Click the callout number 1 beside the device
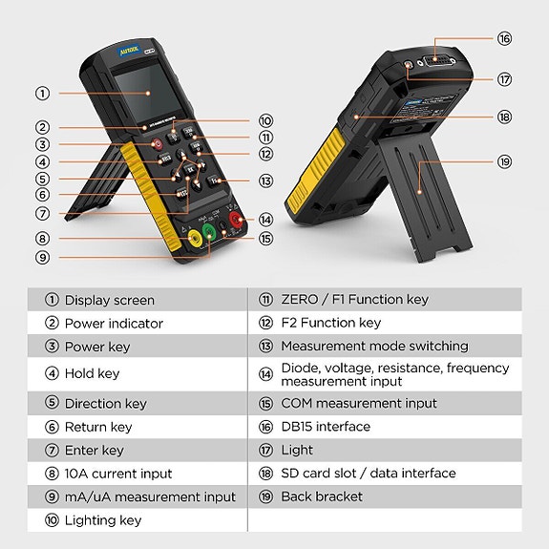[x=43, y=94]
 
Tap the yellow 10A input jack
[x=195, y=238]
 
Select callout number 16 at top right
[x=504, y=39]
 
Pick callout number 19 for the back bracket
[x=504, y=162]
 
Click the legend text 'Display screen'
[x=109, y=300]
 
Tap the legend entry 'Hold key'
[x=93, y=373]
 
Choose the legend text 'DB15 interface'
[x=326, y=427]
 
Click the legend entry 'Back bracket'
[x=322, y=496]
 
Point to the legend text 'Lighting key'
[x=102, y=520]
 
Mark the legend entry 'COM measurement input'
[x=359, y=403]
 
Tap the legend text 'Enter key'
[x=94, y=450]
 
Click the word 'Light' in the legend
[x=297, y=450]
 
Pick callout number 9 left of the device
[x=43, y=257]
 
